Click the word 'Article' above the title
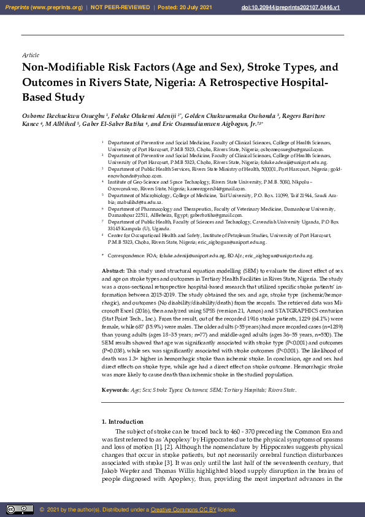pyautogui.click(x=30, y=55)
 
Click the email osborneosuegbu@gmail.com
pyautogui.click(x=290, y=149)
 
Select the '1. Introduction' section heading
pyautogui.click(x=122, y=422)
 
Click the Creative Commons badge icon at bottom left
pyautogui.click(x=20, y=510)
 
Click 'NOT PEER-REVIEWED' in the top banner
pyautogui.click(x=115, y=7)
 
